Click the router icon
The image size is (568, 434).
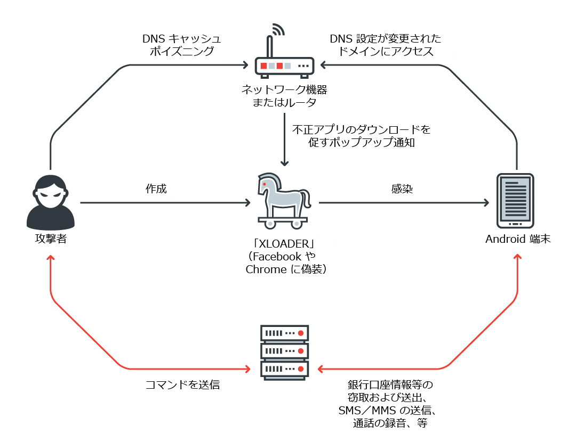(x=284, y=65)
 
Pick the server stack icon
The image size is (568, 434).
(x=284, y=352)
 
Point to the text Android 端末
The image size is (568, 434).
(x=517, y=239)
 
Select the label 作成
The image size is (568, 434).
(x=156, y=189)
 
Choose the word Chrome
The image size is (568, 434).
(x=266, y=269)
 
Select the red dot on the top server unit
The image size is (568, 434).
(x=301, y=333)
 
